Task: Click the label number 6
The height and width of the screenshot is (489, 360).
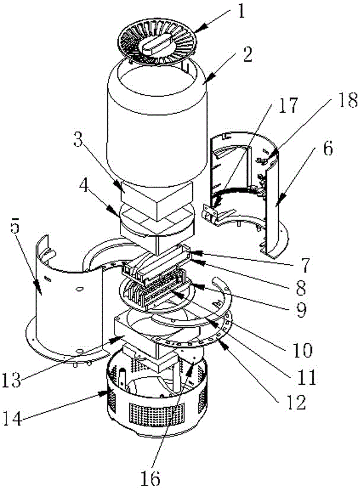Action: coord(327,149)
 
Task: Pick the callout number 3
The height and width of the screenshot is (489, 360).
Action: coord(79,139)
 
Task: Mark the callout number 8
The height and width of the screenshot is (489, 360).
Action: coord(301,287)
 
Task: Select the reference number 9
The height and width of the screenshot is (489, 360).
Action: coord(301,309)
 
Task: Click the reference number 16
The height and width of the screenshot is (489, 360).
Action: coord(151,476)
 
